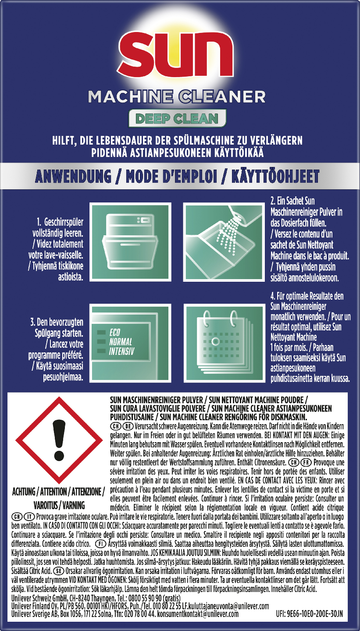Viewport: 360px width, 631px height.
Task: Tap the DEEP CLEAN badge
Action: tap(177, 118)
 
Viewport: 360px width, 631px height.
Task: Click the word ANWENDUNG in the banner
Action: tap(73, 176)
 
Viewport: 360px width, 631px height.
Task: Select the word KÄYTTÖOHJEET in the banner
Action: tap(275, 176)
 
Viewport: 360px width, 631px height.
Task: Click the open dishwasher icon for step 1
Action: tap(131, 242)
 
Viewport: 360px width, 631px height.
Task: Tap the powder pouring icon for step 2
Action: tap(224, 242)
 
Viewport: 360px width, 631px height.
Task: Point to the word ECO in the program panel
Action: tap(115, 333)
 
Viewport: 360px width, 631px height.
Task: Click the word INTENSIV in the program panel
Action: tap(121, 351)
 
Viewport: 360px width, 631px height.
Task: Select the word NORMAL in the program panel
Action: tap(121, 342)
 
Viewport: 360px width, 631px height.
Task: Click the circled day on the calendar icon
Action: tap(216, 341)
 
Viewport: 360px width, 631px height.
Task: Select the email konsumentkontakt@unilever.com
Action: tap(198, 614)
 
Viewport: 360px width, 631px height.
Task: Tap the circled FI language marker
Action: tap(101, 543)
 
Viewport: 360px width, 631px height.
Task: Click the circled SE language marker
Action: tap(58, 571)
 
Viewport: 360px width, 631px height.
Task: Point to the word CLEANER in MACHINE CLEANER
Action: tap(222, 96)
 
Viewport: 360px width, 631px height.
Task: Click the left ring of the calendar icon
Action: tap(207, 317)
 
